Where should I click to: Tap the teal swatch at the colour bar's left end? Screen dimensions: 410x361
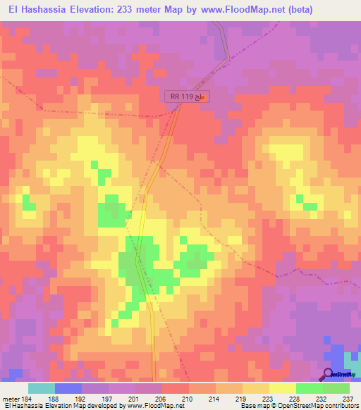(x=42, y=388)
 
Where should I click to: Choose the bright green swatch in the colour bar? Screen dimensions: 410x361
(x=309, y=388)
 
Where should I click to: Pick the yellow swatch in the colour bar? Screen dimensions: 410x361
(x=282, y=388)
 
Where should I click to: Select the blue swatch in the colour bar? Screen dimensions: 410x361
(x=68, y=388)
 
